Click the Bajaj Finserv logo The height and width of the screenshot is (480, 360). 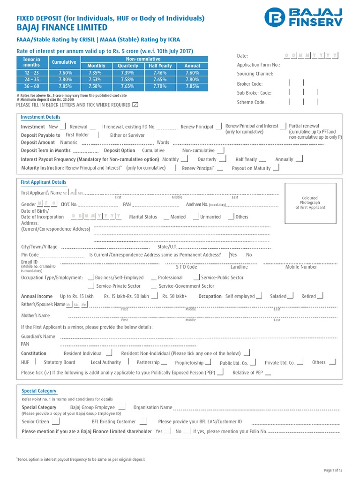click(x=303, y=17)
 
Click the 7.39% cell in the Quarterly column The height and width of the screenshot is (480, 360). click(x=128, y=73)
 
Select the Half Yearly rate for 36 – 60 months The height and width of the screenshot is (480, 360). click(x=160, y=86)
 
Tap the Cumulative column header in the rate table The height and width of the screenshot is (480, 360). click(x=64, y=62)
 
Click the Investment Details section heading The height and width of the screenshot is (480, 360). click(x=41, y=117)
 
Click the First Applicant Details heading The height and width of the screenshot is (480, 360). click(x=44, y=182)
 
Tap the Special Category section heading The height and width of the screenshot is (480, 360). click(x=39, y=391)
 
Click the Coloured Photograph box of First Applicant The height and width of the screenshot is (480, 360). click(x=309, y=202)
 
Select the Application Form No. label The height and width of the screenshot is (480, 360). click(x=258, y=65)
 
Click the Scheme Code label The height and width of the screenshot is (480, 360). click(x=251, y=102)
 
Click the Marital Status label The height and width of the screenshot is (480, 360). click(x=143, y=217)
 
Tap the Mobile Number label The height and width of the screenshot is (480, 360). click(x=301, y=267)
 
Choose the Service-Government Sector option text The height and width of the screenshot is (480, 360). click(x=186, y=286)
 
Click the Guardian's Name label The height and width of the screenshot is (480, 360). click(x=38, y=337)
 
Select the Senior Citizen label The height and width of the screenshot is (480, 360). click(x=35, y=422)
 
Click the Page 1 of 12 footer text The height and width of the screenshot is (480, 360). click(x=333, y=470)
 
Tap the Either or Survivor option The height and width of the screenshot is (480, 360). click(x=127, y=135)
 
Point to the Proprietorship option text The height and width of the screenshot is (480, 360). click(x=189, y=363)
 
